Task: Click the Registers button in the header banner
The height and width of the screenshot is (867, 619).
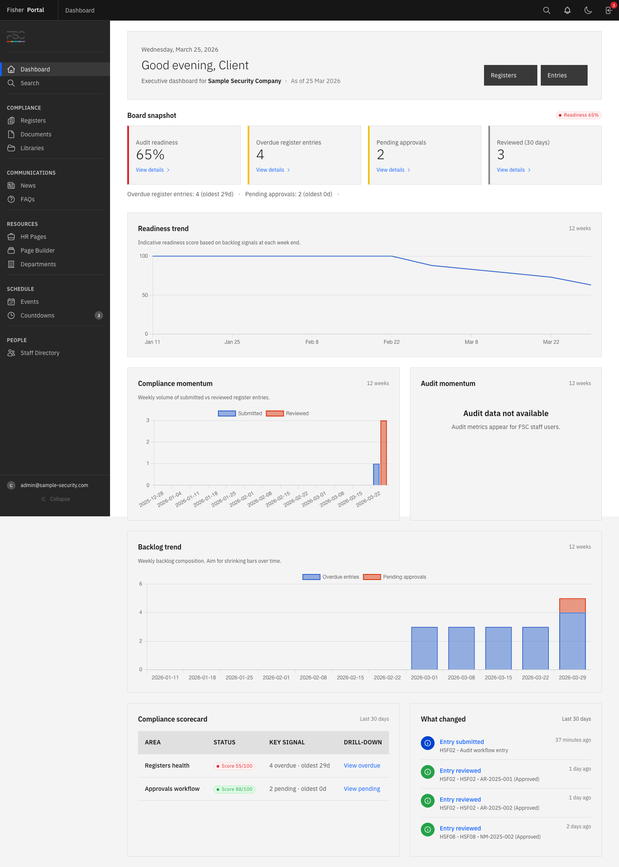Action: [510, 75]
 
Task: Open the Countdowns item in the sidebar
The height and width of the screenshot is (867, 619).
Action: [37, 315]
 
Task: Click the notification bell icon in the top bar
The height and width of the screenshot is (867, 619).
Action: [567, 10]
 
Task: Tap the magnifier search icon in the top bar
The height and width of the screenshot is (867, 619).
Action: [547, 10]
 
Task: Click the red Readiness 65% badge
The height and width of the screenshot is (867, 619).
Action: [579, 115]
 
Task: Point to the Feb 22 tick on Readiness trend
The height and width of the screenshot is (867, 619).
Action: [392, 342]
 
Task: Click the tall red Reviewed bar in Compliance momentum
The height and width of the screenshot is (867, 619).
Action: [383, 453]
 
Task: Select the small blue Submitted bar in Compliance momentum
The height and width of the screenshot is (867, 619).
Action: [376, 475]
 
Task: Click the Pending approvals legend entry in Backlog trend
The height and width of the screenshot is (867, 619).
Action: [395, 577]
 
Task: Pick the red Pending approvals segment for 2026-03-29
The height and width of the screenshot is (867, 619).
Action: [572, 605]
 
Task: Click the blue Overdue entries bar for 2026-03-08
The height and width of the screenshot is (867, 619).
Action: [461, 648]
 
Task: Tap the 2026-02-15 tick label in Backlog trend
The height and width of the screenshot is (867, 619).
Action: [350, 677]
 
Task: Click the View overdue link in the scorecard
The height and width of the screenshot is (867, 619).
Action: [362, 765]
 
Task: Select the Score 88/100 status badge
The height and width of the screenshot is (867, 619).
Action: [234, 789]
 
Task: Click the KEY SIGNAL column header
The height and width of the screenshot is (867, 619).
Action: [287, 742]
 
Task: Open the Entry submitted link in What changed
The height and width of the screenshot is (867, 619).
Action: [462, 742]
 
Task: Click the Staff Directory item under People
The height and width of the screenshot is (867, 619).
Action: [40, 353]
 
